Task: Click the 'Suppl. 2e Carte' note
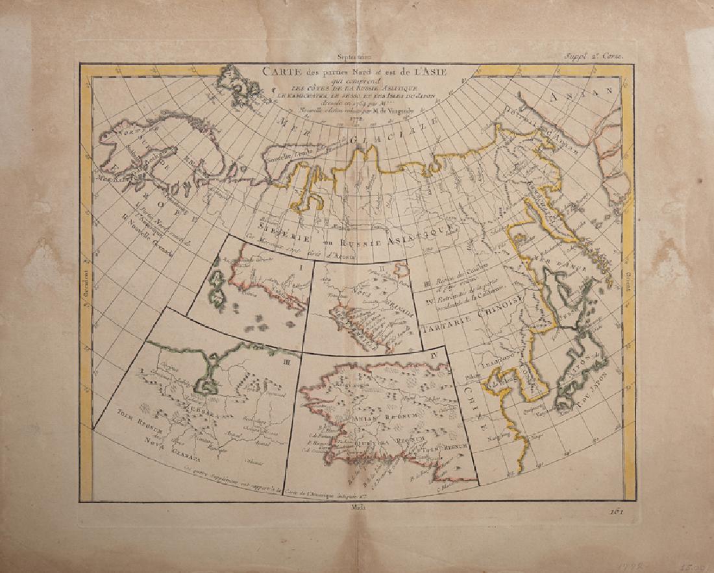[602, 57]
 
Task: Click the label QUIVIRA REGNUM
[377, 436]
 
